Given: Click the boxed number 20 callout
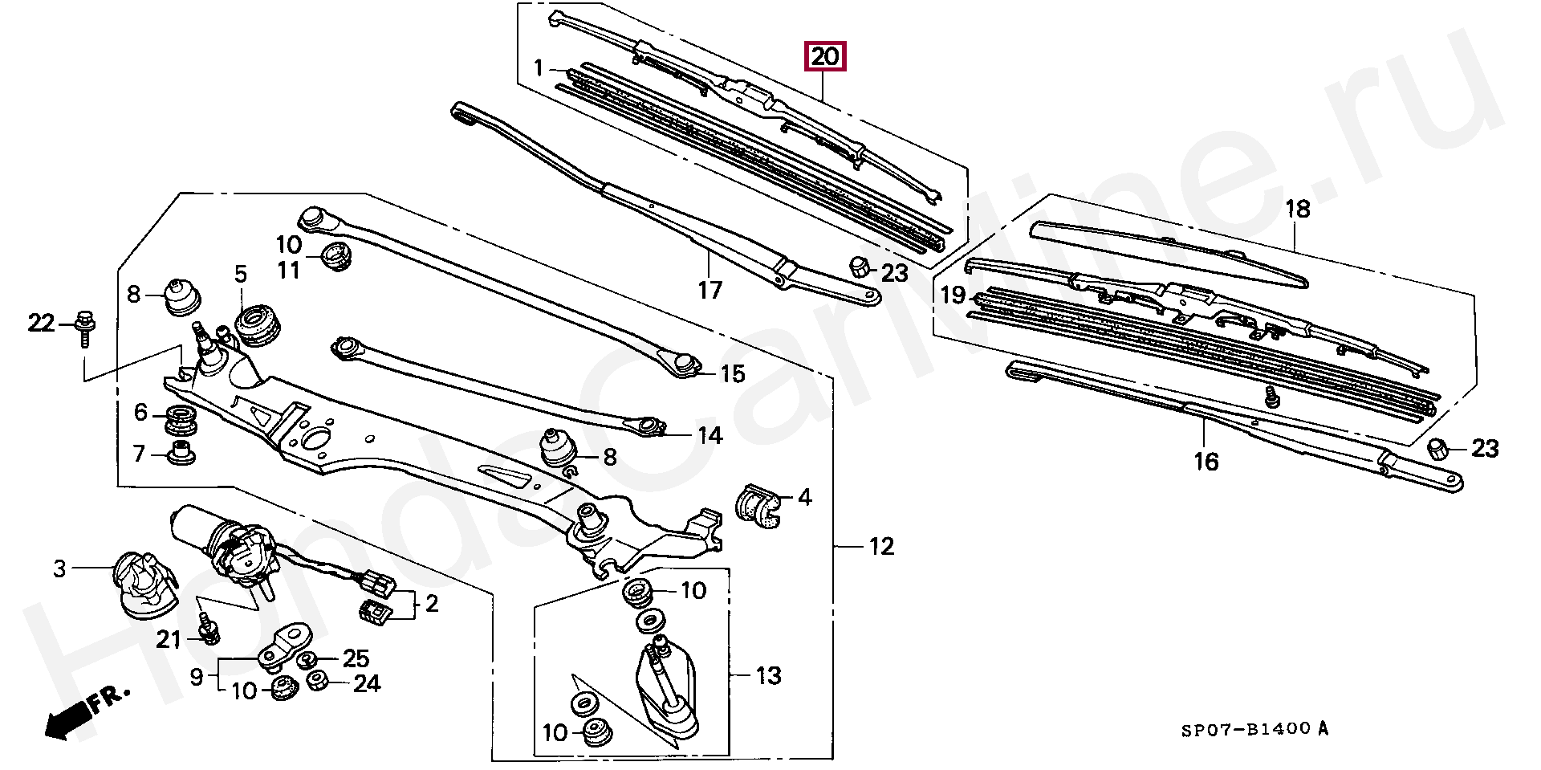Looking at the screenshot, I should point(825,57).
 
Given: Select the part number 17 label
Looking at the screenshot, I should point(710,290).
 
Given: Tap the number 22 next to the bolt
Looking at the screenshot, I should point(41,323).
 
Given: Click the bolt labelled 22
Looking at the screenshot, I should point(84,328).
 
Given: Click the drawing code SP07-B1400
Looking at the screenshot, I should point(1246,730).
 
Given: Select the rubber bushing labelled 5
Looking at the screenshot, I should point(257,325).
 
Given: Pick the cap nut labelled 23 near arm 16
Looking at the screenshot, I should point(1438,449).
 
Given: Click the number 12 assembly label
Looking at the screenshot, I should point(881,547).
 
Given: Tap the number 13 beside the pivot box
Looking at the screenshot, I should point(768,676).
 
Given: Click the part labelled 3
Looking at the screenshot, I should point(144,585).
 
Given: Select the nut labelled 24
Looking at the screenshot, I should point(318,682).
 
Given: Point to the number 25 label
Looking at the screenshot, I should point(356,658).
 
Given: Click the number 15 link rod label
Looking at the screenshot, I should point(732,373).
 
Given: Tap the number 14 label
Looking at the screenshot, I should point(710,435).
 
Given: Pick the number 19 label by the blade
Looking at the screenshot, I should point(953,295).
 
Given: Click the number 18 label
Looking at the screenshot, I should point(1297,210).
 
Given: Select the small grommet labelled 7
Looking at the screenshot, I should point(181,453).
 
